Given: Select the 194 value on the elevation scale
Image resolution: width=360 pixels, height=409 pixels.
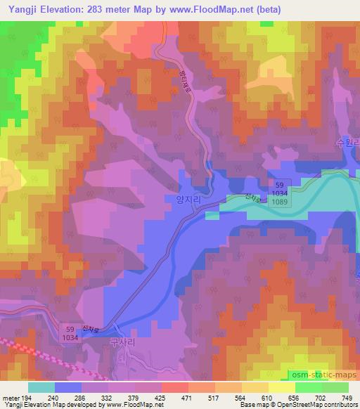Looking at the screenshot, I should [27, 397].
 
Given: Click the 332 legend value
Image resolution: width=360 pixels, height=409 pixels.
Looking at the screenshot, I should [108, 397].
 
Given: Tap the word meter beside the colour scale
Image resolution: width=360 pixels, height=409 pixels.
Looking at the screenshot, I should [11, 397].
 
